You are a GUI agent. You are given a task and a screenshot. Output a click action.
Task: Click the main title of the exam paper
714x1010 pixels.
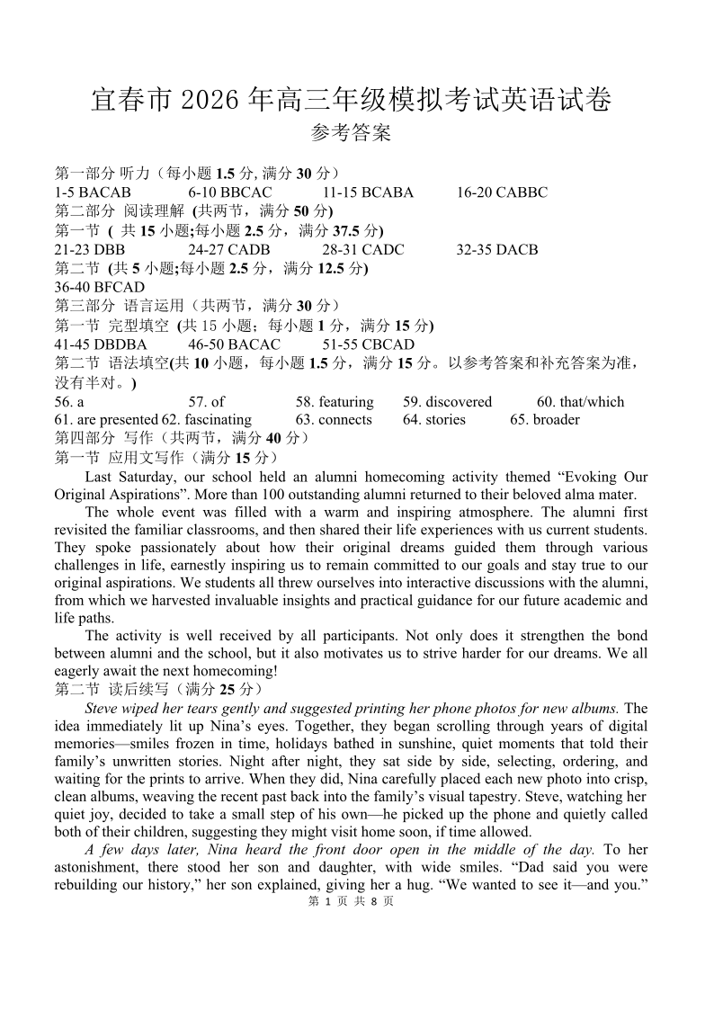pos(351,100)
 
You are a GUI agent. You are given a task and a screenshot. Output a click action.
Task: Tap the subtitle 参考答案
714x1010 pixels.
pos(351,134)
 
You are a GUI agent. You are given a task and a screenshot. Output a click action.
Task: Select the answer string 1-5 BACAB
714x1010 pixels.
pos(93,192)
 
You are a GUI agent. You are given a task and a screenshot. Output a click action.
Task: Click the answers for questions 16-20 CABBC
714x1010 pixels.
pos(502,192)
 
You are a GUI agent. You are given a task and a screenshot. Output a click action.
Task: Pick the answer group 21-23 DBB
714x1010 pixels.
pos(90,250)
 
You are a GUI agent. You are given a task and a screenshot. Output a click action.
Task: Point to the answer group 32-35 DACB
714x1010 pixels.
pos(497,250)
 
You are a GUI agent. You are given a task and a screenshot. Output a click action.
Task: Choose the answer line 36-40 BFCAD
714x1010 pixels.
pos(100,288)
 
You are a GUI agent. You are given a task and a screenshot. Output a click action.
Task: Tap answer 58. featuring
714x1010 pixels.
pos(335,402)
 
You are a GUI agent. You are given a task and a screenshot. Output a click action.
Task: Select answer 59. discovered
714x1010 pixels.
pos(448,402)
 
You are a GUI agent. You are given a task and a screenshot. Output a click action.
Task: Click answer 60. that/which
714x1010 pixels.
pos(580,402)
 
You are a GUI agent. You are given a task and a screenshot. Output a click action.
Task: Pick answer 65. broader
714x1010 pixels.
pos(545,420)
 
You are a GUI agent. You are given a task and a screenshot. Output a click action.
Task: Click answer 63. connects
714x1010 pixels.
pos(334,420)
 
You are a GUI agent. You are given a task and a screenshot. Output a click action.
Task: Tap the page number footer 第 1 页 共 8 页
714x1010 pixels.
pos(351,902)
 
